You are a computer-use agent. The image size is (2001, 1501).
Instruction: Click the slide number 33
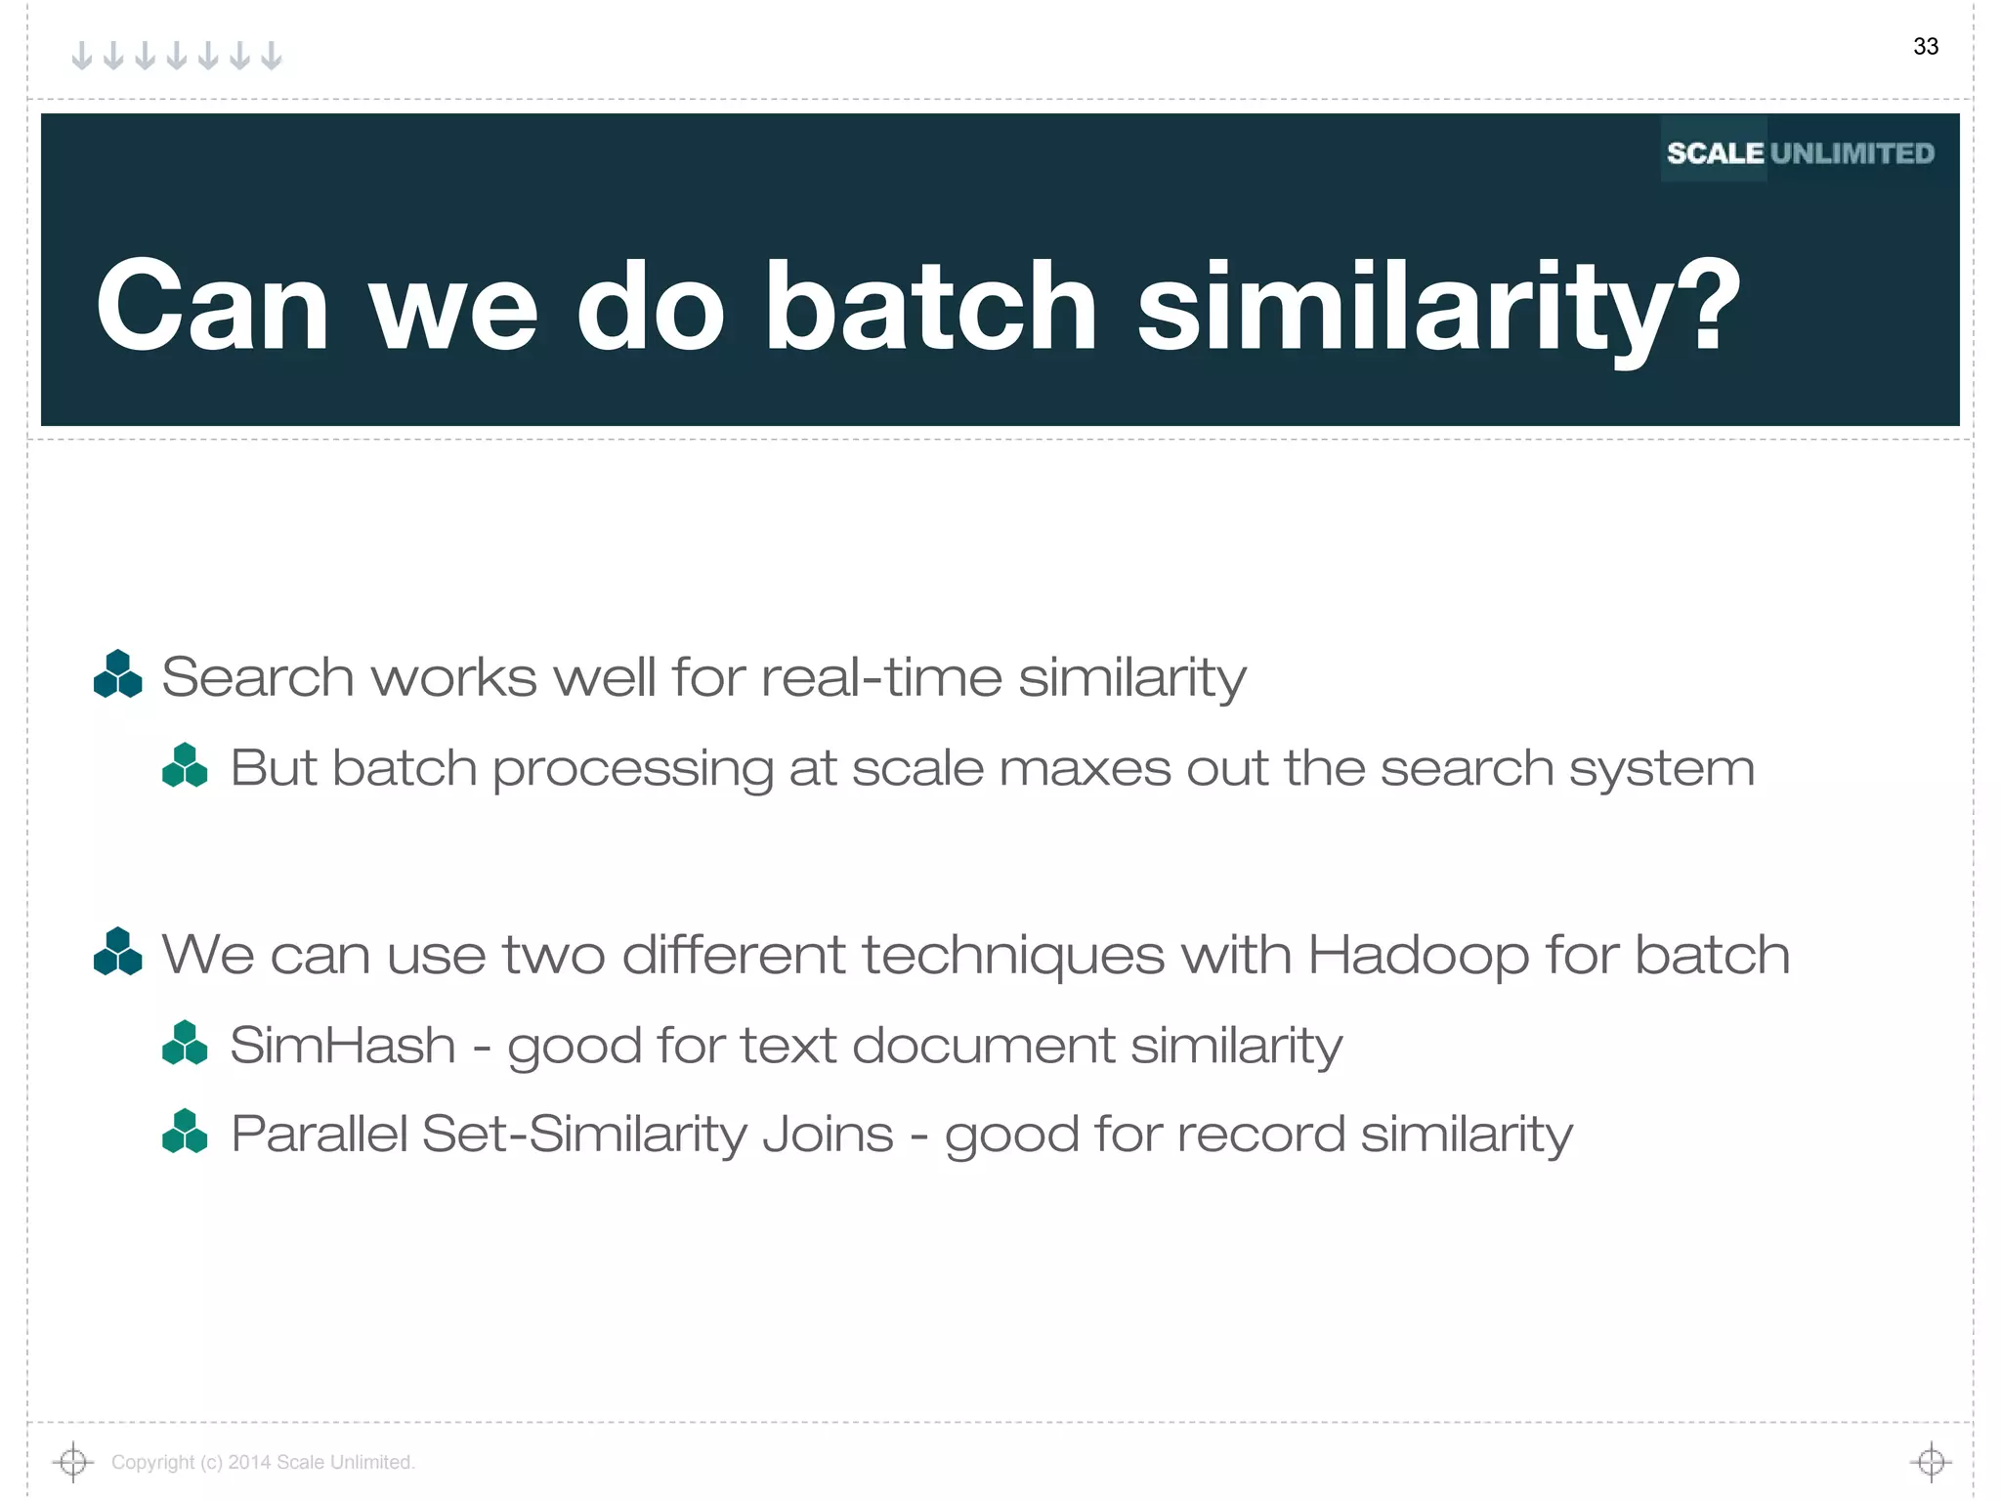[1925, 47]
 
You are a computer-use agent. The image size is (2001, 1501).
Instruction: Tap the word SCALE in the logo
[1715, 153]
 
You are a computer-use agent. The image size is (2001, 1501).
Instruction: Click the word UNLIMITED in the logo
[1852, 153]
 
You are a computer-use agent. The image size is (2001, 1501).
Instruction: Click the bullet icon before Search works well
[118, 674]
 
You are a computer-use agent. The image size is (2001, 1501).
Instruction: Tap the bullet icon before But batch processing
[185, 765]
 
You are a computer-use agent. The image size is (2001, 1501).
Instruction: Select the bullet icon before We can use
[118, 952]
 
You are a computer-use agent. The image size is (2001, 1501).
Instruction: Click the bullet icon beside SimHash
[185, 1043]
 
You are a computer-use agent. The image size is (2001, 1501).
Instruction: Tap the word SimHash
[343, 1045]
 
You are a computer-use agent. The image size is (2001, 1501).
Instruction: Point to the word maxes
[1085, 768]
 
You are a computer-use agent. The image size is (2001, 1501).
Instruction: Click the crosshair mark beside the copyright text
[72, 1462]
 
